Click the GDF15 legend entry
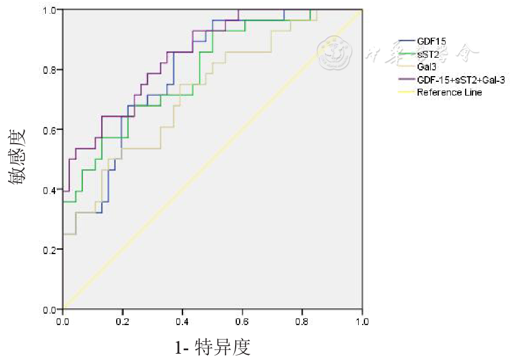coord(432,41)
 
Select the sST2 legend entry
coord(428,54)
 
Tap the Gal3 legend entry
coord(427,67)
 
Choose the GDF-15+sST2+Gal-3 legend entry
coord(461,80)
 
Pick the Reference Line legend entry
coord(449,92)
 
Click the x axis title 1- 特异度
coord(212,347)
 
